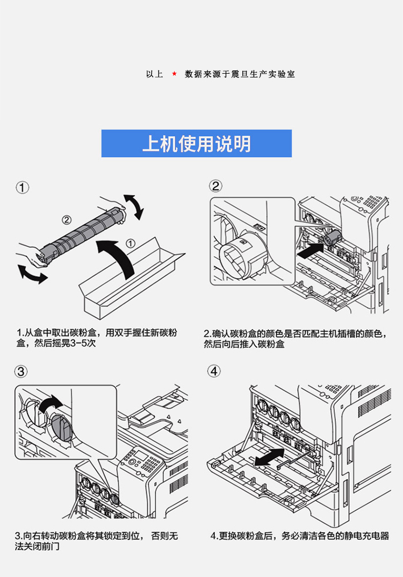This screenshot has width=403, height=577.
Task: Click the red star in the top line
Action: [x=174, y=74]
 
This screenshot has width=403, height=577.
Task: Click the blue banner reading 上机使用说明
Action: [x=197, y=144]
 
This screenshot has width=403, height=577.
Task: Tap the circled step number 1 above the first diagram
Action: [x=23, y=188]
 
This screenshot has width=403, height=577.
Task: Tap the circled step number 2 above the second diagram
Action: [x=215, y=186]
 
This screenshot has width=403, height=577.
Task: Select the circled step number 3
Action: [x=21, y=372]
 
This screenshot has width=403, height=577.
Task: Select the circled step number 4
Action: [x=214, y=371]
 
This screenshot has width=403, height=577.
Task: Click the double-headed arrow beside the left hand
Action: [x=33, y=274]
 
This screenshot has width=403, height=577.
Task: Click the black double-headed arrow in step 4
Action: [x=269, y=457]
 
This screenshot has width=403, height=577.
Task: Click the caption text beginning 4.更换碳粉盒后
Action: [x=299, y=536]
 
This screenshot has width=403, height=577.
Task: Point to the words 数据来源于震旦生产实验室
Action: [x=240, y=74]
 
